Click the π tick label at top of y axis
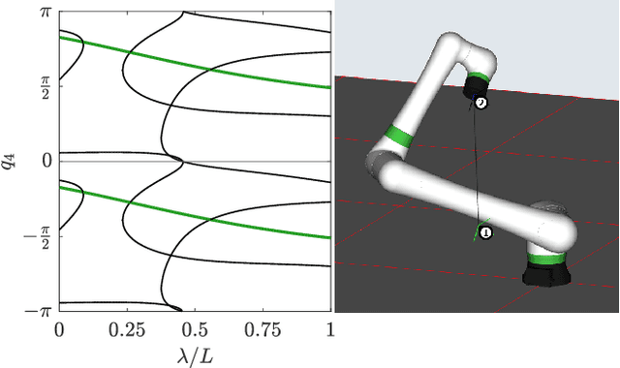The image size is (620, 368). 46,12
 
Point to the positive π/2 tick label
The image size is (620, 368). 46,86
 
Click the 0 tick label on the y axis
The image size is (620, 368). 47,161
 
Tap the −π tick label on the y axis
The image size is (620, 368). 39,312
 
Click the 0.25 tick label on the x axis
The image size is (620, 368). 127,329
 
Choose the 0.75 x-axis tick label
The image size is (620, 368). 263,329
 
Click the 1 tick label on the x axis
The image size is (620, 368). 329,329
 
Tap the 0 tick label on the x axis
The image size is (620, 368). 59,329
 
